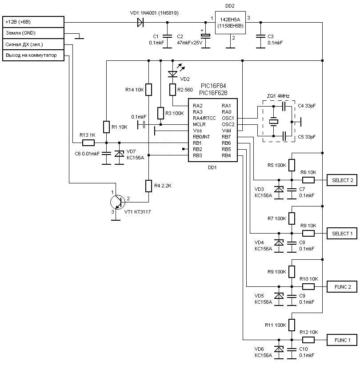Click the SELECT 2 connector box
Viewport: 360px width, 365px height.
coord(342,180)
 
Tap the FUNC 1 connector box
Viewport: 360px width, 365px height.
coord(342,340)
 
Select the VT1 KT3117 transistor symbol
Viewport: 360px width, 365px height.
coord(118,202)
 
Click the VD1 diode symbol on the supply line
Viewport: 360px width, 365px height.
coord(140,22)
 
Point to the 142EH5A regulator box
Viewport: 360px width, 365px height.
coord(230,23)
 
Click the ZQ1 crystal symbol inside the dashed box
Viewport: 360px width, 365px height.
coord(273,121)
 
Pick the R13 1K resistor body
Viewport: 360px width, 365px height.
coord(88,143)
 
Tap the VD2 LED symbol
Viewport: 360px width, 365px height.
coord(172,74)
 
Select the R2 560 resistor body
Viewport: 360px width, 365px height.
coord(172,90)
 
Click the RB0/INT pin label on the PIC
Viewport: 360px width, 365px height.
coord(201,137)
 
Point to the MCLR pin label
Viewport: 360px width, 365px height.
coord(199,124)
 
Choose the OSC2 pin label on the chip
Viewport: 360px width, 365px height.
coord(228,124)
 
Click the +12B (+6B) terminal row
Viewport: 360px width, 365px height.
coord(33,22)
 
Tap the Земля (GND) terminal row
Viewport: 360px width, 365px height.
coord(33,33)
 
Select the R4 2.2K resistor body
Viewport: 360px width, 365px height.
coord(148,186)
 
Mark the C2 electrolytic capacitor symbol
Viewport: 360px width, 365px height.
coord(205,36)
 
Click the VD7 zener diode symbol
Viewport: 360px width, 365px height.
coord(119,154)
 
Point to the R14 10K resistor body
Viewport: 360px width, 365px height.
coord(148,90)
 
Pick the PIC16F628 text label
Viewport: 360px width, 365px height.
coord(213,93)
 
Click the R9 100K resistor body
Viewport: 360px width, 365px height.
coord(292,272)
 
